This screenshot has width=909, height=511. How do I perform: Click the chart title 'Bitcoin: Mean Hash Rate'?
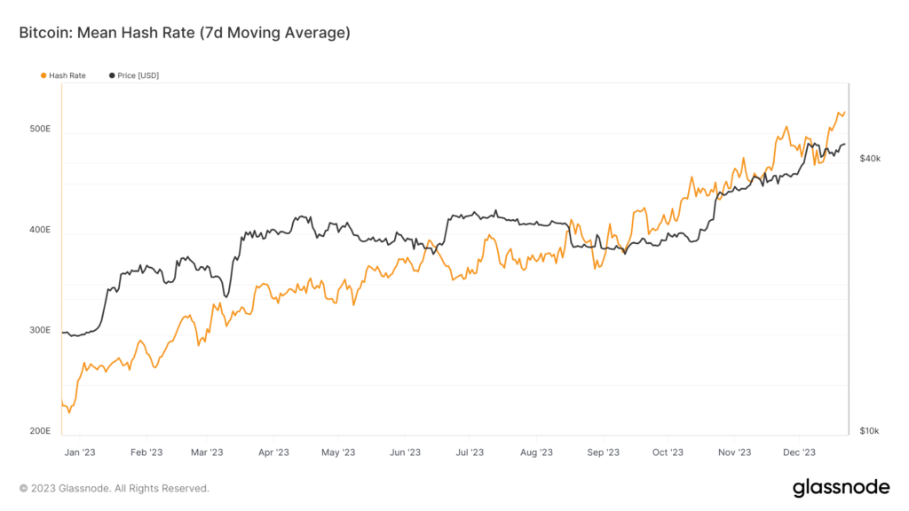[185, 33]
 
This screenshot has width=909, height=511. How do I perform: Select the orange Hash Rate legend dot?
[43, 75]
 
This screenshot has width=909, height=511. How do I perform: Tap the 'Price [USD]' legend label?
[138, 75]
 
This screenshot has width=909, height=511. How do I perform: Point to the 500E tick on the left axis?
[41, 130]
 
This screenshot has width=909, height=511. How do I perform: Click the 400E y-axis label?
[41, 231]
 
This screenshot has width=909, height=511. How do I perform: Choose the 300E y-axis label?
[41, 331]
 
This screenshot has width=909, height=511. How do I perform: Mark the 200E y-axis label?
[41, 431]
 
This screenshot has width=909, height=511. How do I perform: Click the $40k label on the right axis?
[870, 159]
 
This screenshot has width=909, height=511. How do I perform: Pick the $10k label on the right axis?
[870, 431]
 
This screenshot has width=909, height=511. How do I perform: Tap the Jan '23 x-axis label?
[80, 452]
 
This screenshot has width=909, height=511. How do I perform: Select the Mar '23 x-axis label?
[206, 452]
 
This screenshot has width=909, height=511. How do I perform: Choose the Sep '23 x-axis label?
[602, 452]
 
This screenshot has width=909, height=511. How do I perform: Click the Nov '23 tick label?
[733, 452]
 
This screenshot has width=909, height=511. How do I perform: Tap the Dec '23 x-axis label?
[798, 452]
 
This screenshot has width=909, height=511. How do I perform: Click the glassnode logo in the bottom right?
[841, 487]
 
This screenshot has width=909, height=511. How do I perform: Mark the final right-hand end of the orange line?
[845, 112]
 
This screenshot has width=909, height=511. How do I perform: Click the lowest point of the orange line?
[69, 413]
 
